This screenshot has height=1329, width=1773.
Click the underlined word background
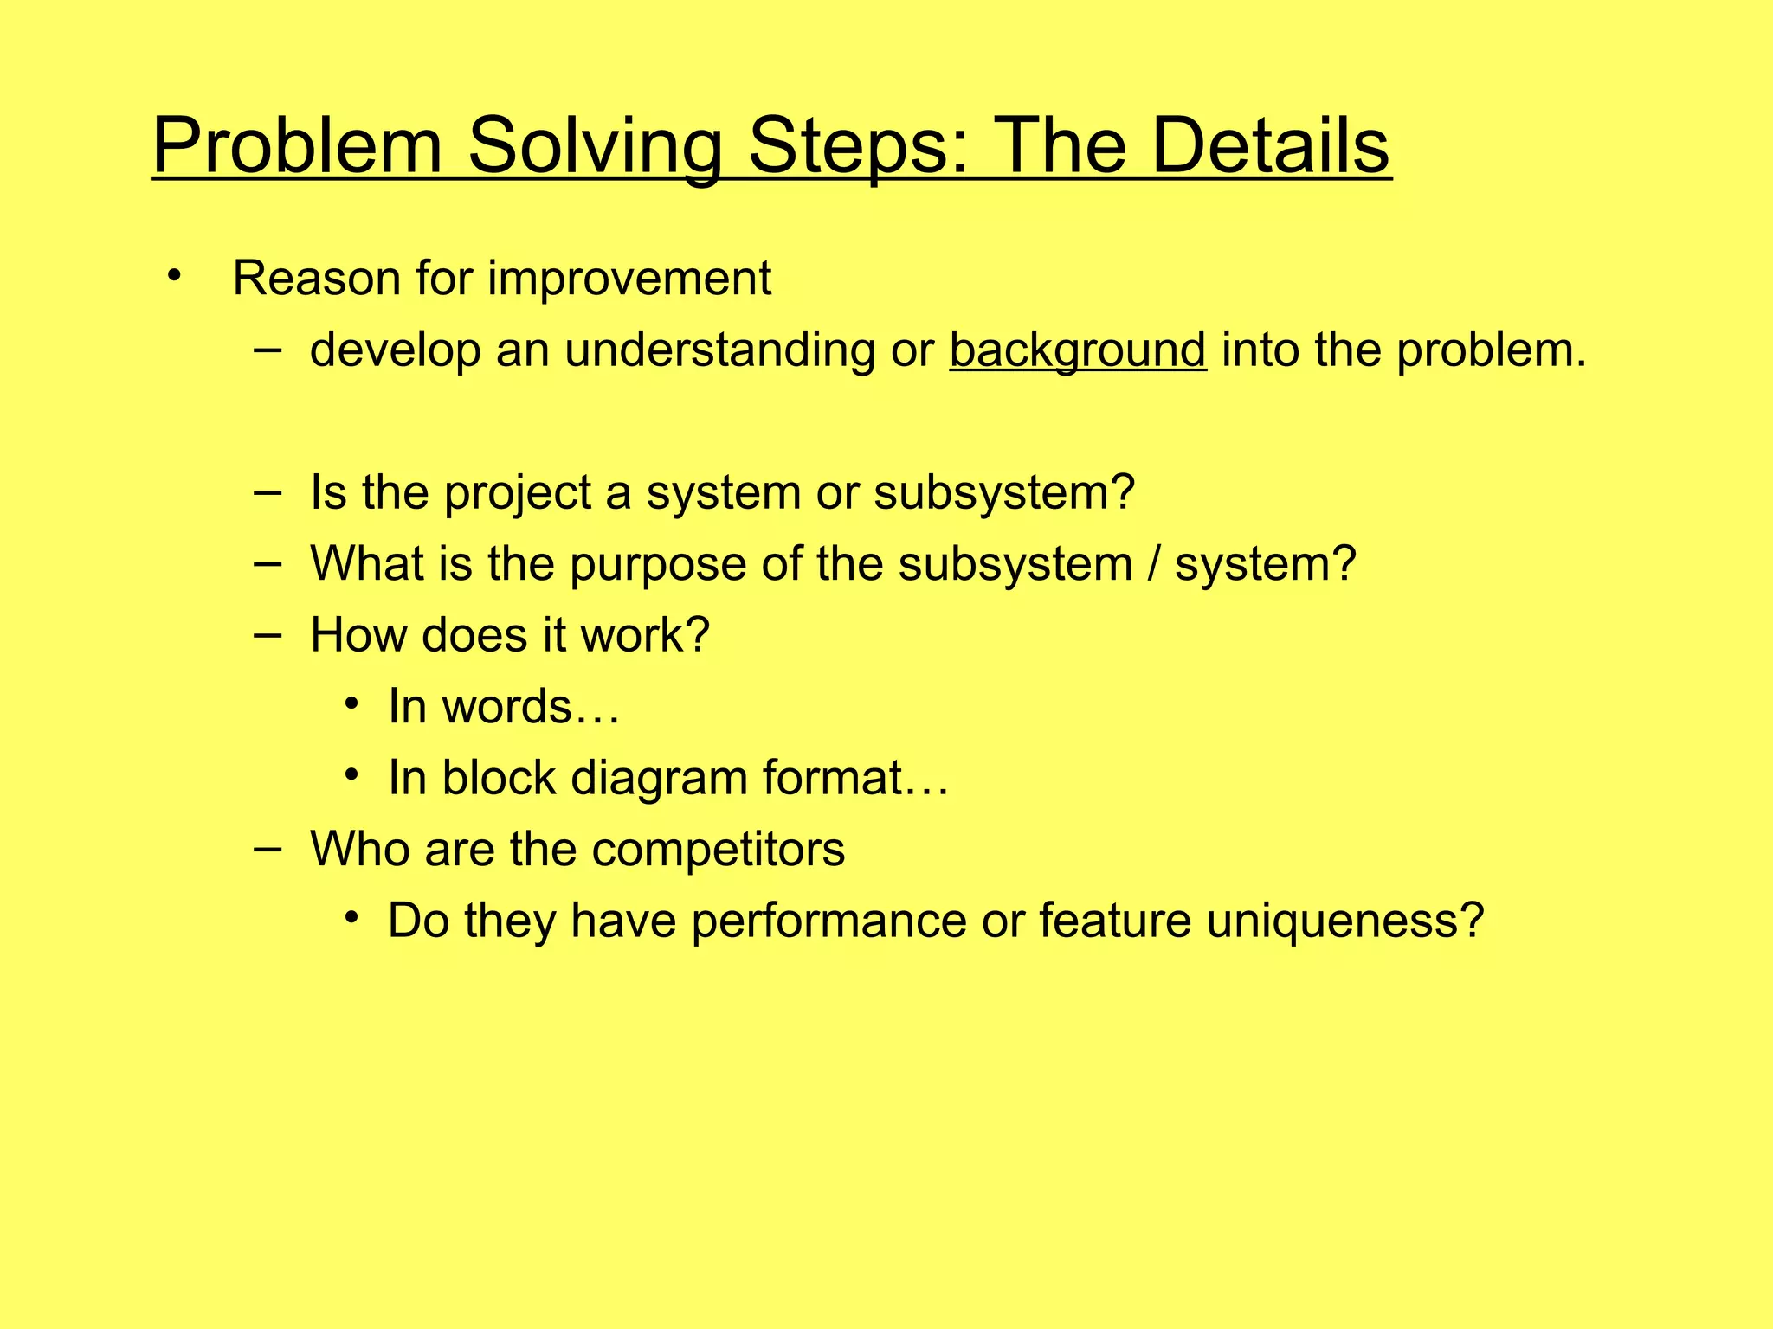click(1077, 350)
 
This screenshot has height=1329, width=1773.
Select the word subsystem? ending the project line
click(1003, 492)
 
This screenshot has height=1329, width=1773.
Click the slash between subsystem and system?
click(1153, 563)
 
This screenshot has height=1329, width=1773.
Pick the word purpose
click(657, 564)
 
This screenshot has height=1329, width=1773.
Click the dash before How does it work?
click(268, 634)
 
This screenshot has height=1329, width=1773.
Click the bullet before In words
click(351, 704)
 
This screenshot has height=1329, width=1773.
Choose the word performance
click(828, 921)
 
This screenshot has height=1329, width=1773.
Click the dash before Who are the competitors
click(268, 848)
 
